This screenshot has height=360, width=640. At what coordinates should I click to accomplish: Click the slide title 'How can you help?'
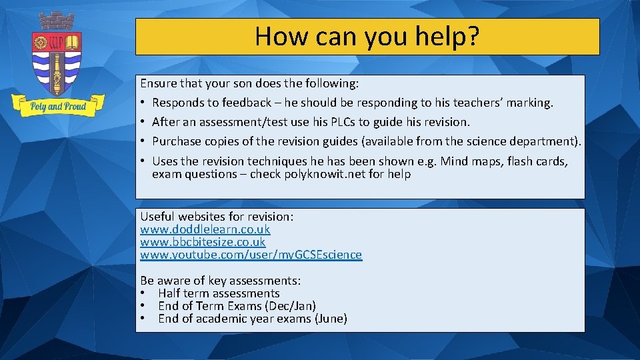367,36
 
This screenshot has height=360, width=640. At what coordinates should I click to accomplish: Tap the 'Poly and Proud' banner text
57,106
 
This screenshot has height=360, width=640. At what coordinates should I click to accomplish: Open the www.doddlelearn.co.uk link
205,229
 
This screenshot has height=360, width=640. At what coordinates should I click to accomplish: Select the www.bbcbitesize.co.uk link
203,242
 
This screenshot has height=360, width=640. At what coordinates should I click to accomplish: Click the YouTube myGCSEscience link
251,255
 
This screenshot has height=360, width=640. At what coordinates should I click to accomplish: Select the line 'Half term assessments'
219,293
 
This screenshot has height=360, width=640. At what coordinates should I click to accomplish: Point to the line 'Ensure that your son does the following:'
249,84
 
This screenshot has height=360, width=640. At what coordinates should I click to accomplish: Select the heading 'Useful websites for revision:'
217,217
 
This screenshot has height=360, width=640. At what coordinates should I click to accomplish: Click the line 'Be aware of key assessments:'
220,281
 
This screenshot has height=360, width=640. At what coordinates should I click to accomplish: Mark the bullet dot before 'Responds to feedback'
143,103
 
